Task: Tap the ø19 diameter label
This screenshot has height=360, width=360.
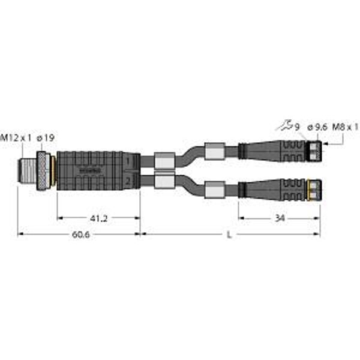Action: (x=46, y=139)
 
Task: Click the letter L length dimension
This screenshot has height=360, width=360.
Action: (x=230, y=235)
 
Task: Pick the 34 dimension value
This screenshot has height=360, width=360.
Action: (x=280, y=218)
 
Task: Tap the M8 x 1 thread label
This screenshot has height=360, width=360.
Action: (x=346, y=127)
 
